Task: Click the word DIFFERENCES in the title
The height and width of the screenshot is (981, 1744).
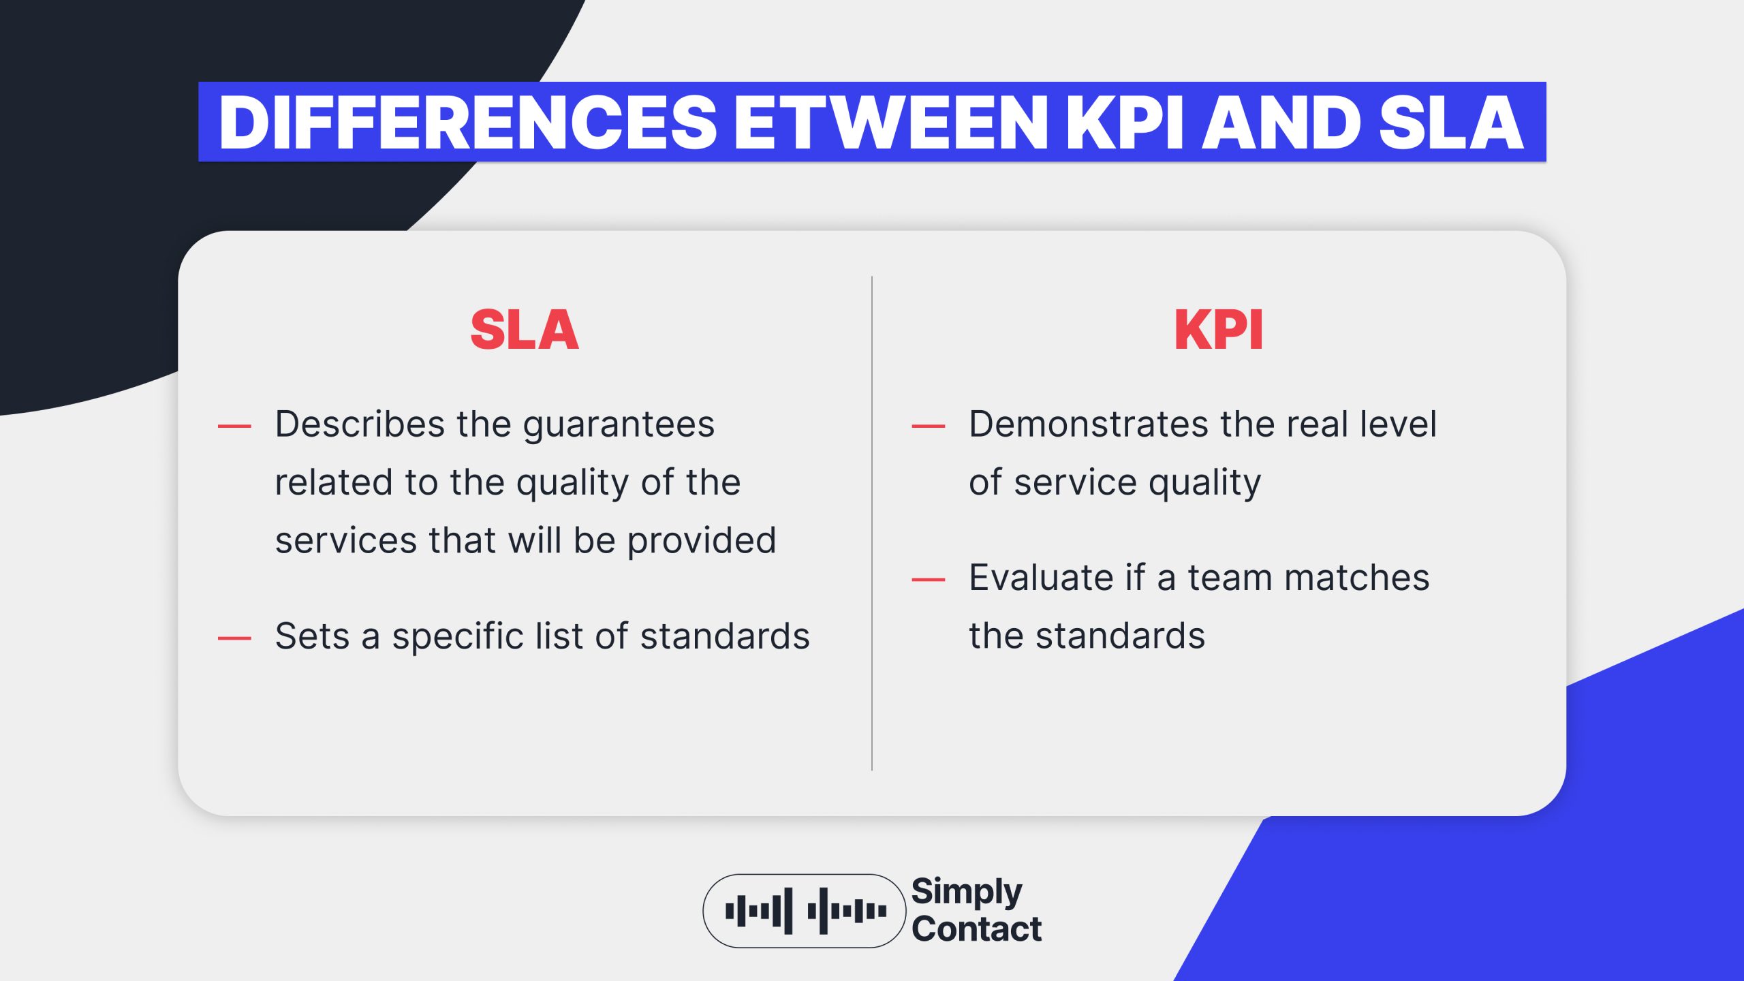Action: [x=467, y=123]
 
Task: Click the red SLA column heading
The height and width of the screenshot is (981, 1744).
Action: [x=525, y=330]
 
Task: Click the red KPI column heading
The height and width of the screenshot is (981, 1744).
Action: [x=1219, y=330]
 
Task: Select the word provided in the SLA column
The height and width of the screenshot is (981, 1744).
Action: [x=702, y=542]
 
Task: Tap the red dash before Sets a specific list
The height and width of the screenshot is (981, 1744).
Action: [x=234, y=638]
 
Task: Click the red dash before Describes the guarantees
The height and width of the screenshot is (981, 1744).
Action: [x=234, y=426]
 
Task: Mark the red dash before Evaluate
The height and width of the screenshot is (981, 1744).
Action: [x=928, y=580]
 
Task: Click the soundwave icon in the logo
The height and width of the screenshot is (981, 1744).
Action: [x=805, y=911]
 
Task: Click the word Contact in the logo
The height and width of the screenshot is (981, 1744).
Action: [x=976, y=929]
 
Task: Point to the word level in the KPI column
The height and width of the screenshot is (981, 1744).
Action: [x=1398, y=424]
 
